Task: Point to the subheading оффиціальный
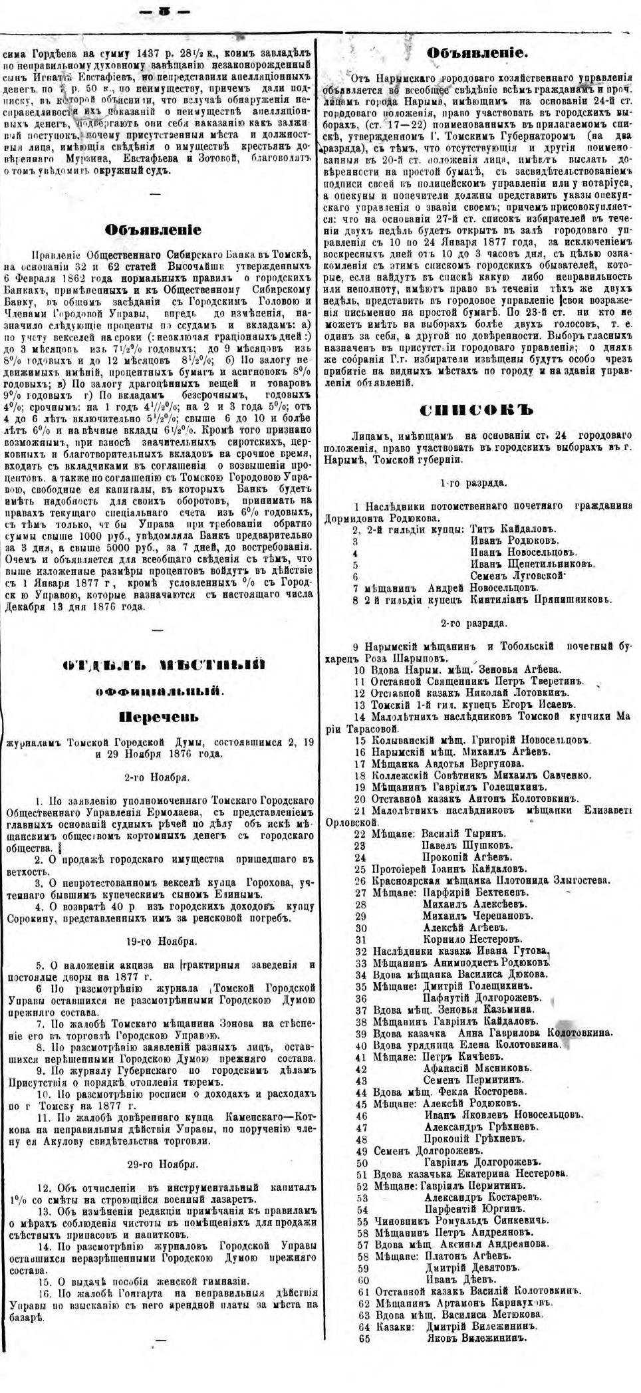click(160, 692)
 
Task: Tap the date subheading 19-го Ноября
click(160, 942)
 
